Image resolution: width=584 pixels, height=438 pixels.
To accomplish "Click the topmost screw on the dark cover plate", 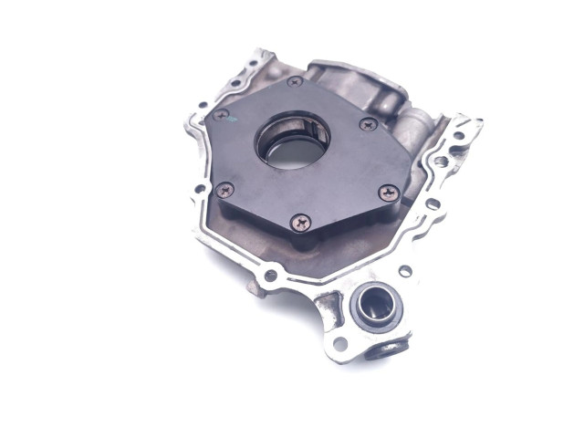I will click(x=295, y=82).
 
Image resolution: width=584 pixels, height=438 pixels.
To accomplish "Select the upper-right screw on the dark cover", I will click(x=368, y=124).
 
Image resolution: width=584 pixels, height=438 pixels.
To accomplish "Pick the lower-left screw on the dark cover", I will click(x=224, y=189).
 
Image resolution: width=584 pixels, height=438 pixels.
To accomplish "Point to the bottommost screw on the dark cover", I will click(x=299, y=221).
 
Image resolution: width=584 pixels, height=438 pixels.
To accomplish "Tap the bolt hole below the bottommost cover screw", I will click(x=270, y=274).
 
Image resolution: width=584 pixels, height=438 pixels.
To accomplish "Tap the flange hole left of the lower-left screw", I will click(x=199, y=190).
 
